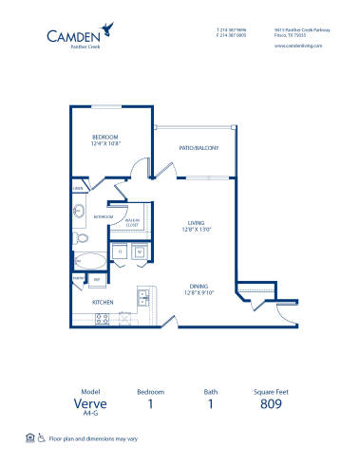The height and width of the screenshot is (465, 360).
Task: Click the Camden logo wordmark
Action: [x=75, y=37]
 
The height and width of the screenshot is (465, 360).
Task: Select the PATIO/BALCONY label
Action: [x=199, y=148]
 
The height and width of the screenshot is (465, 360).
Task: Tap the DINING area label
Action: [x=198, y=287]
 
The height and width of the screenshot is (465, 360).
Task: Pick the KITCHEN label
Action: [x=103, y=303]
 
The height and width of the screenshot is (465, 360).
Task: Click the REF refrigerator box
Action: [x=97, y=279]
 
